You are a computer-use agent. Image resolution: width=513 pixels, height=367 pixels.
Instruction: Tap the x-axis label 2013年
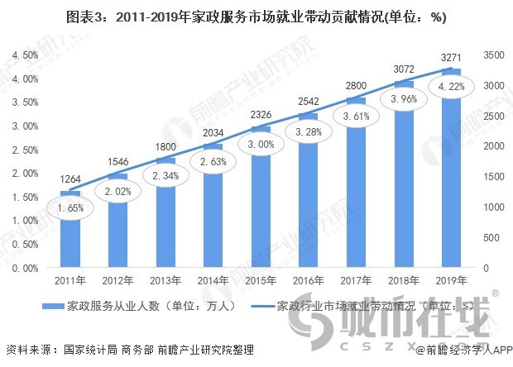click(165, 280)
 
